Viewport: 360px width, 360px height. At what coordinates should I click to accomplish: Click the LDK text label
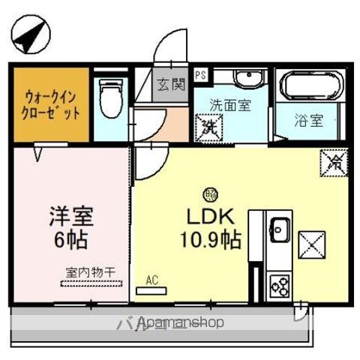point(212,217)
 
